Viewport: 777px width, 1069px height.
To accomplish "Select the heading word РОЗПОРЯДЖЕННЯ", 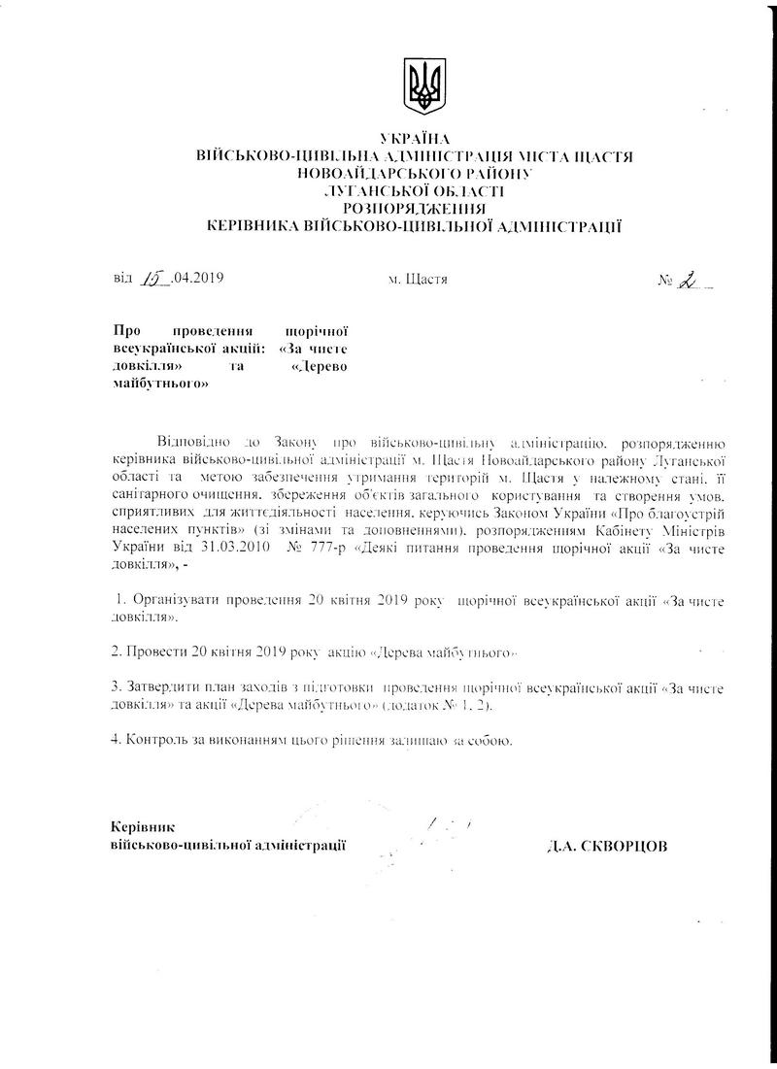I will [416, 207].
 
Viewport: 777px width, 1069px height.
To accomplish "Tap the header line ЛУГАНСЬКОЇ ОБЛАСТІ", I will [416, 190].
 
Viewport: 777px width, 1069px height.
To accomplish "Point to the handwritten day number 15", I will [153, 280].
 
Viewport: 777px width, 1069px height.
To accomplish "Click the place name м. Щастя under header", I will [418, 281].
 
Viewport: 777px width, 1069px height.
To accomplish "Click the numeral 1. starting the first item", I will [119, 600].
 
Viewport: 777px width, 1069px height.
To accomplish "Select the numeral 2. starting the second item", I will [118, 647].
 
